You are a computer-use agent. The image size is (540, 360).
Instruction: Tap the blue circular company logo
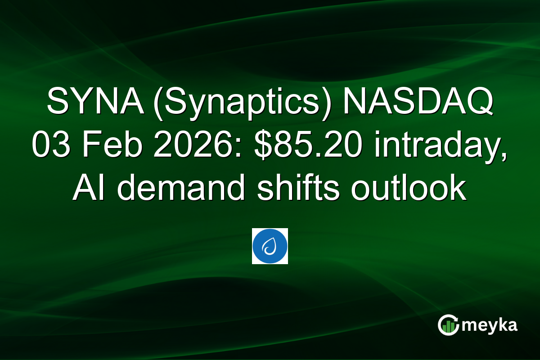click(x=270, y=246)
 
